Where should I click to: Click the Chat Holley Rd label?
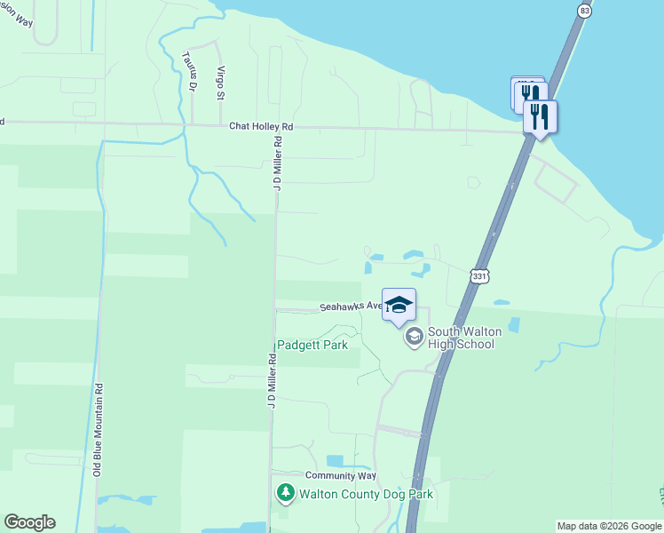coord(261,127)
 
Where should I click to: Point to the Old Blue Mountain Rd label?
coord(99,430)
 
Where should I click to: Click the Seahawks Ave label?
coord(351,306)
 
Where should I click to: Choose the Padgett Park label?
coord(312,345)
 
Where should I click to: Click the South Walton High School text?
coord(464,338)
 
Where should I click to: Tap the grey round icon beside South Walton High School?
coord(414,337)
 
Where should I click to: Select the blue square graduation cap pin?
coord(399,304)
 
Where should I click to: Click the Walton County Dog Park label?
coord(366,493)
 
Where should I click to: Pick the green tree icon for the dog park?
coord(285,492)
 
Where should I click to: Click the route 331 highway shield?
coord(479,276)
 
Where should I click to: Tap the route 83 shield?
coord(583,10)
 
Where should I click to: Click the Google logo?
coord(29,522)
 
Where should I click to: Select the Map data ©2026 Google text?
coord(609,526)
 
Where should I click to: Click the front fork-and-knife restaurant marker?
coord(540,116)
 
